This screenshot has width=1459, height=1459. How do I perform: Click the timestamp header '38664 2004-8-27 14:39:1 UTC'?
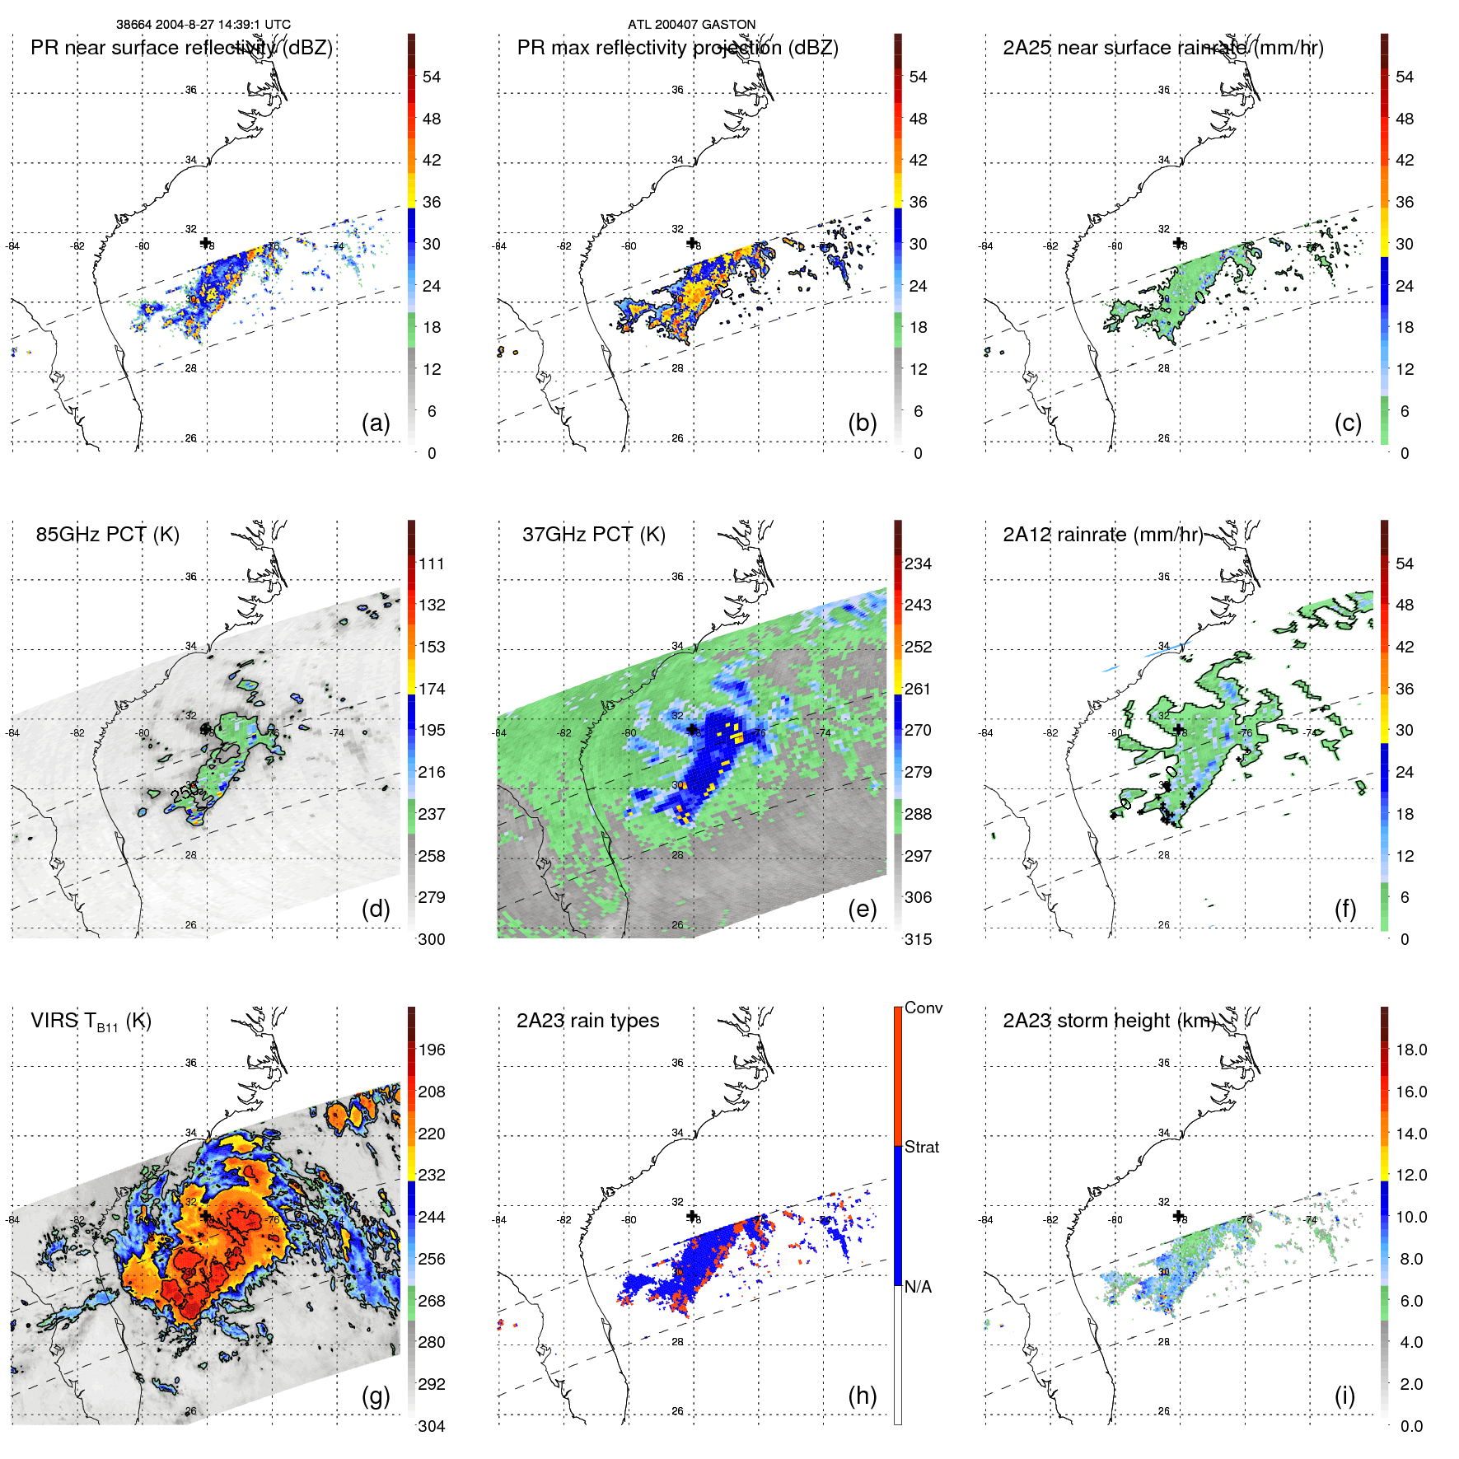click(203, 25)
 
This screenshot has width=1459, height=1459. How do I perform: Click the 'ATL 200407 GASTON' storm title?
click(691, 25)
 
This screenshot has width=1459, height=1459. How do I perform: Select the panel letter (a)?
click(376, 423)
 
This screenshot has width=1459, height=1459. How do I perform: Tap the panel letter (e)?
click(862, 909)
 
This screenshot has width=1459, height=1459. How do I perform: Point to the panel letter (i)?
click(1344, 1396)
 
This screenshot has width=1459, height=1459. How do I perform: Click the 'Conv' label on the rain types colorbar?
click(923, 1008)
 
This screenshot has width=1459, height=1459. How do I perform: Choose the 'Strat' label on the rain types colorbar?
click(921, 1147)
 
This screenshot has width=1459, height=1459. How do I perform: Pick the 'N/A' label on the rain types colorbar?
click(918, 1287)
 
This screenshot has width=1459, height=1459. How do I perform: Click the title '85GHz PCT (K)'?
click(107, 535)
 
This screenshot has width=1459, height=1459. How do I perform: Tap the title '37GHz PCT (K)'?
click(593, 535)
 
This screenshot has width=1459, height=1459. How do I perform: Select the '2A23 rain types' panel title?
click(587, 1021)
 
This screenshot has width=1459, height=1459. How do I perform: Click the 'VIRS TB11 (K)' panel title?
click(91, 1022)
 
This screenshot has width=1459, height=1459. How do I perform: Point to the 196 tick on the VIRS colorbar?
click(431, 1050)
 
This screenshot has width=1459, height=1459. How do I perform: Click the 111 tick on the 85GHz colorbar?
click(431, 563)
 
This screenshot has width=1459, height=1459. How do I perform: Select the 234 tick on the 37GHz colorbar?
click(918, 563)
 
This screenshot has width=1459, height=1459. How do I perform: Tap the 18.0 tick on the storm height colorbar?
click(1410, 1050)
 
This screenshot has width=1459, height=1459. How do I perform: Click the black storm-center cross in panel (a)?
click(205, 242)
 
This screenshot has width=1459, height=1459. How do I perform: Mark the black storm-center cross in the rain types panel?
click(692, 1215)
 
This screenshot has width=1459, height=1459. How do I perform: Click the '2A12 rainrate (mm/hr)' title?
click(1102, 535)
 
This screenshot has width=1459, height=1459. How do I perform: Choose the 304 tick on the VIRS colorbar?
click(431, 1426)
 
